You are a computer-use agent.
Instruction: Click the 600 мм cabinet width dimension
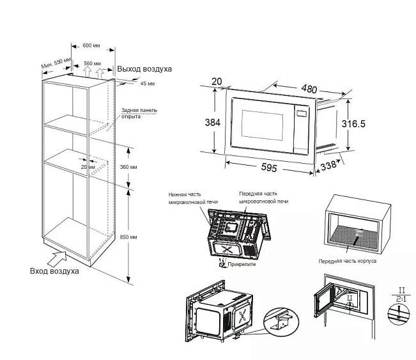click(91, 45)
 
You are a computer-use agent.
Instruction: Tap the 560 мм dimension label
click(93, 63)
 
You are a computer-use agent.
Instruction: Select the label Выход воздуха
click(144, 69)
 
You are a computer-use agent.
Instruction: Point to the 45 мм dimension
click(147, 84)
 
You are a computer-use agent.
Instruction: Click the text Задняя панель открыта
click(139, 113)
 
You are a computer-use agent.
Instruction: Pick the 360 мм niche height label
click(128, 167)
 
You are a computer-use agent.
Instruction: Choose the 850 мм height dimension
click(128, 237)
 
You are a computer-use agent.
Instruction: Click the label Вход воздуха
click(54, 272)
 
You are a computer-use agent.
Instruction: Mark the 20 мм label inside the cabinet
click(88, 168)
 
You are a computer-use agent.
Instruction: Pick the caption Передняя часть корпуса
click(348, 262)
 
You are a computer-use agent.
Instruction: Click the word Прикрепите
click(240, 264)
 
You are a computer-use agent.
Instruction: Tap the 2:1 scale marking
click(399, 299)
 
